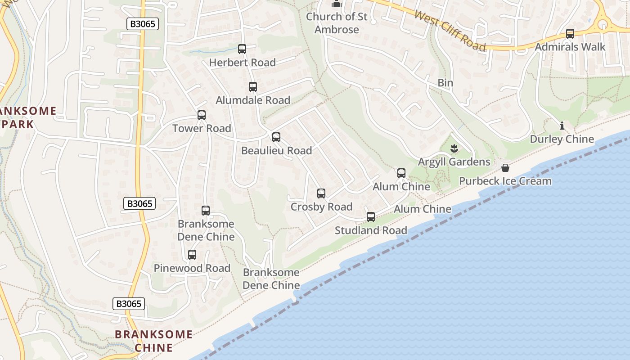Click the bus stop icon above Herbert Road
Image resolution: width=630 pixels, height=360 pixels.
pos(242,49)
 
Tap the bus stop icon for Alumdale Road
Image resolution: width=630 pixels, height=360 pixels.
pos(253,87)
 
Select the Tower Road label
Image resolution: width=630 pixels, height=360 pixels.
pos(202,128)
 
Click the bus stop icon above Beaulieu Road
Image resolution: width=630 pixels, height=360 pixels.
pos(276,137)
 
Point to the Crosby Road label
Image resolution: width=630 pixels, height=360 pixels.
pos(321,207)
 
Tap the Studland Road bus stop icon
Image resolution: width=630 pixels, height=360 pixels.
pos(371,217)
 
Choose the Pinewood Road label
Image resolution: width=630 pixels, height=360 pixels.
pos(192,268)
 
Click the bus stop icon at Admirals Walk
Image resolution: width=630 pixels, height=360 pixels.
pos(570,34)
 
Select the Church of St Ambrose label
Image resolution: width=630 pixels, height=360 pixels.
pos(337,23)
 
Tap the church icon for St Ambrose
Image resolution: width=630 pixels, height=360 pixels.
pos(337,4)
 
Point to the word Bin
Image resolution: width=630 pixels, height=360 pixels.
pos(445,83)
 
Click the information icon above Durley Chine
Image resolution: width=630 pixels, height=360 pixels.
pos(562,126)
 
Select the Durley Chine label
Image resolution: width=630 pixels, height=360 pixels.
pos(562,139)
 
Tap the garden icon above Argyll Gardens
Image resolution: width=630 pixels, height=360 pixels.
pos(454,148)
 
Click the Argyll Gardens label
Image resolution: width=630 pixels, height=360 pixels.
pos(454,162)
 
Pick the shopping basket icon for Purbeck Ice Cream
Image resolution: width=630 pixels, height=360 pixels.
pos(505,168)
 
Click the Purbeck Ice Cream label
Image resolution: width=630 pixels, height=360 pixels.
pos(505,181)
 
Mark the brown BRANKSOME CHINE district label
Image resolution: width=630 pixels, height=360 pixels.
pos(154,341)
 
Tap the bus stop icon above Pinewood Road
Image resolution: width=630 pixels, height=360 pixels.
pos(192,255)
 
